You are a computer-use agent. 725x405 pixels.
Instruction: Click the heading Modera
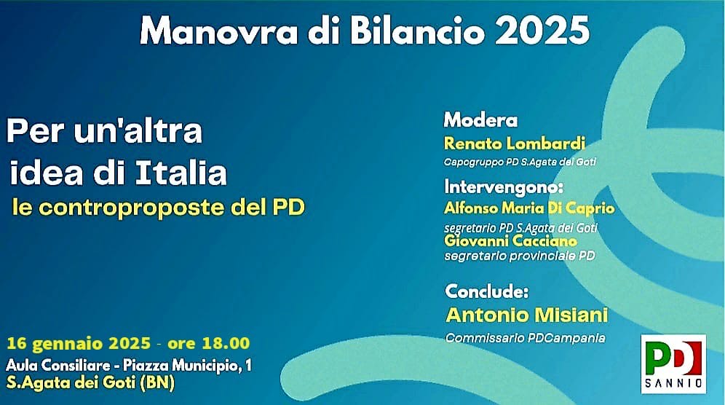pyautogui.click(x=480, y=120)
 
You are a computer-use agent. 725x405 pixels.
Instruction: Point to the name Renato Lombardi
pyautogui.click(x=514, y=143)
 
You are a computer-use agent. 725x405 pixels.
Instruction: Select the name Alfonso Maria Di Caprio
pyautogui.click(x=529, y=208)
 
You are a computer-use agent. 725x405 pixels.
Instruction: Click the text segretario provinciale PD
pyautogui.click(x=519, y=256)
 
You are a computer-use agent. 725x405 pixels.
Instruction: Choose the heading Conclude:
pyautogui.click(x=486, y=292)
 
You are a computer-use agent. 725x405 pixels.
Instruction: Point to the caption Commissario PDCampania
pyautogui.click(x=525, y=338)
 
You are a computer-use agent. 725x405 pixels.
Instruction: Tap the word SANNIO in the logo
pyautogui.click(x=673, y=382)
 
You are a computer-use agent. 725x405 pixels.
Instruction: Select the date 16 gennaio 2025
pyautogui.click(x=79, y=343)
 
